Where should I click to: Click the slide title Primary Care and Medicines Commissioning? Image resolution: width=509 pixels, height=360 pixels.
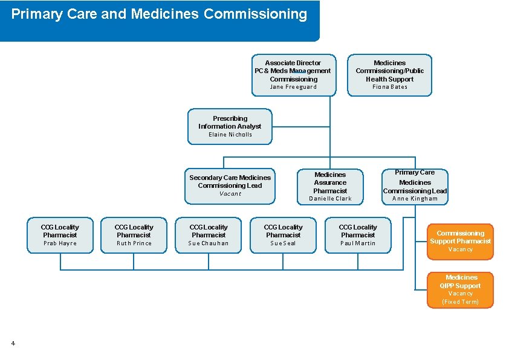point(159,14)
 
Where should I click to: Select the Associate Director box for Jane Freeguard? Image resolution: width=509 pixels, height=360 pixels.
point(293,74)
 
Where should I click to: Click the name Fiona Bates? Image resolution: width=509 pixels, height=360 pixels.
point(390,87)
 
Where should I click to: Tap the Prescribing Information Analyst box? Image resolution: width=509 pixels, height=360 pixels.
point(230,126)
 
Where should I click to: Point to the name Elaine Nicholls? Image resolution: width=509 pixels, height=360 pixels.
point(230,135)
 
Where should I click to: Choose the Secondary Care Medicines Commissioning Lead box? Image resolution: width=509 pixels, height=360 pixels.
point(230,185)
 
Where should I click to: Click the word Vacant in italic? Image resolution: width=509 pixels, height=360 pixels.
point(230,194)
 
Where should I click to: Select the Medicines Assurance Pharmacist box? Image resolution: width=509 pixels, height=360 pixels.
point(330,185)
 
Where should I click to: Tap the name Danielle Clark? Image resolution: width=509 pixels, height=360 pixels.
point(330,199)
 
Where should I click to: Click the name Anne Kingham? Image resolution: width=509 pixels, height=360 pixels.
point(415,199)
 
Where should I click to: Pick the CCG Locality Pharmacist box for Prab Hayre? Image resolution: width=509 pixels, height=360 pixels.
point(60,234)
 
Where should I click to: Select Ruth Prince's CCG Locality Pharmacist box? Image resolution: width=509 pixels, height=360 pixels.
point(134,234)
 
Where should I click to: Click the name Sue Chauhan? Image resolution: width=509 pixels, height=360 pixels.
point(209,243)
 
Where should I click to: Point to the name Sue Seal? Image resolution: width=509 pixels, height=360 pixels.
point(283,243)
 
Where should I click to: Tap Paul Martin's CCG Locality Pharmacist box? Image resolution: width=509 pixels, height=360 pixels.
point(358,234)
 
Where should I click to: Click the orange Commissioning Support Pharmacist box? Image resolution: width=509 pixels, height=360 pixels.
point(460,241)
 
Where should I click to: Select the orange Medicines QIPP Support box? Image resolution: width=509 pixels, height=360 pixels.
point(460,289)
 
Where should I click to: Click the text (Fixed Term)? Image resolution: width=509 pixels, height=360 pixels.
point(460,302)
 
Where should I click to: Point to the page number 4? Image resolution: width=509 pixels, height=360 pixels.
point(13,344)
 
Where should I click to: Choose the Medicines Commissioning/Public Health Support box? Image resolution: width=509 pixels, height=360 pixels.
point(390,74)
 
